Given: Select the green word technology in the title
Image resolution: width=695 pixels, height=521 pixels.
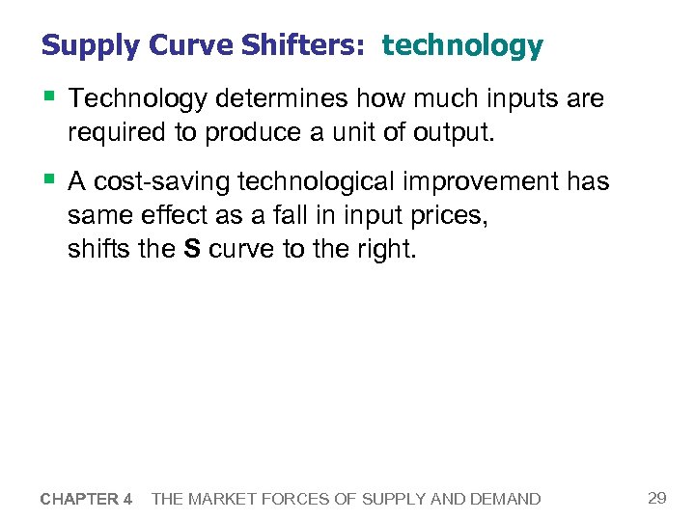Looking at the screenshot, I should pos(462,45).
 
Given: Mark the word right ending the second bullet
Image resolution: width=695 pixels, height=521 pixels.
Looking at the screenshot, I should pos(386,250).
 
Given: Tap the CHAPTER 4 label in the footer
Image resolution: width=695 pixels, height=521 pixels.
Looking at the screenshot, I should pos(87,499).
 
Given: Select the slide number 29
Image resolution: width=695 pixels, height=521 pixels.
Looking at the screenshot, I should pos(656,498).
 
